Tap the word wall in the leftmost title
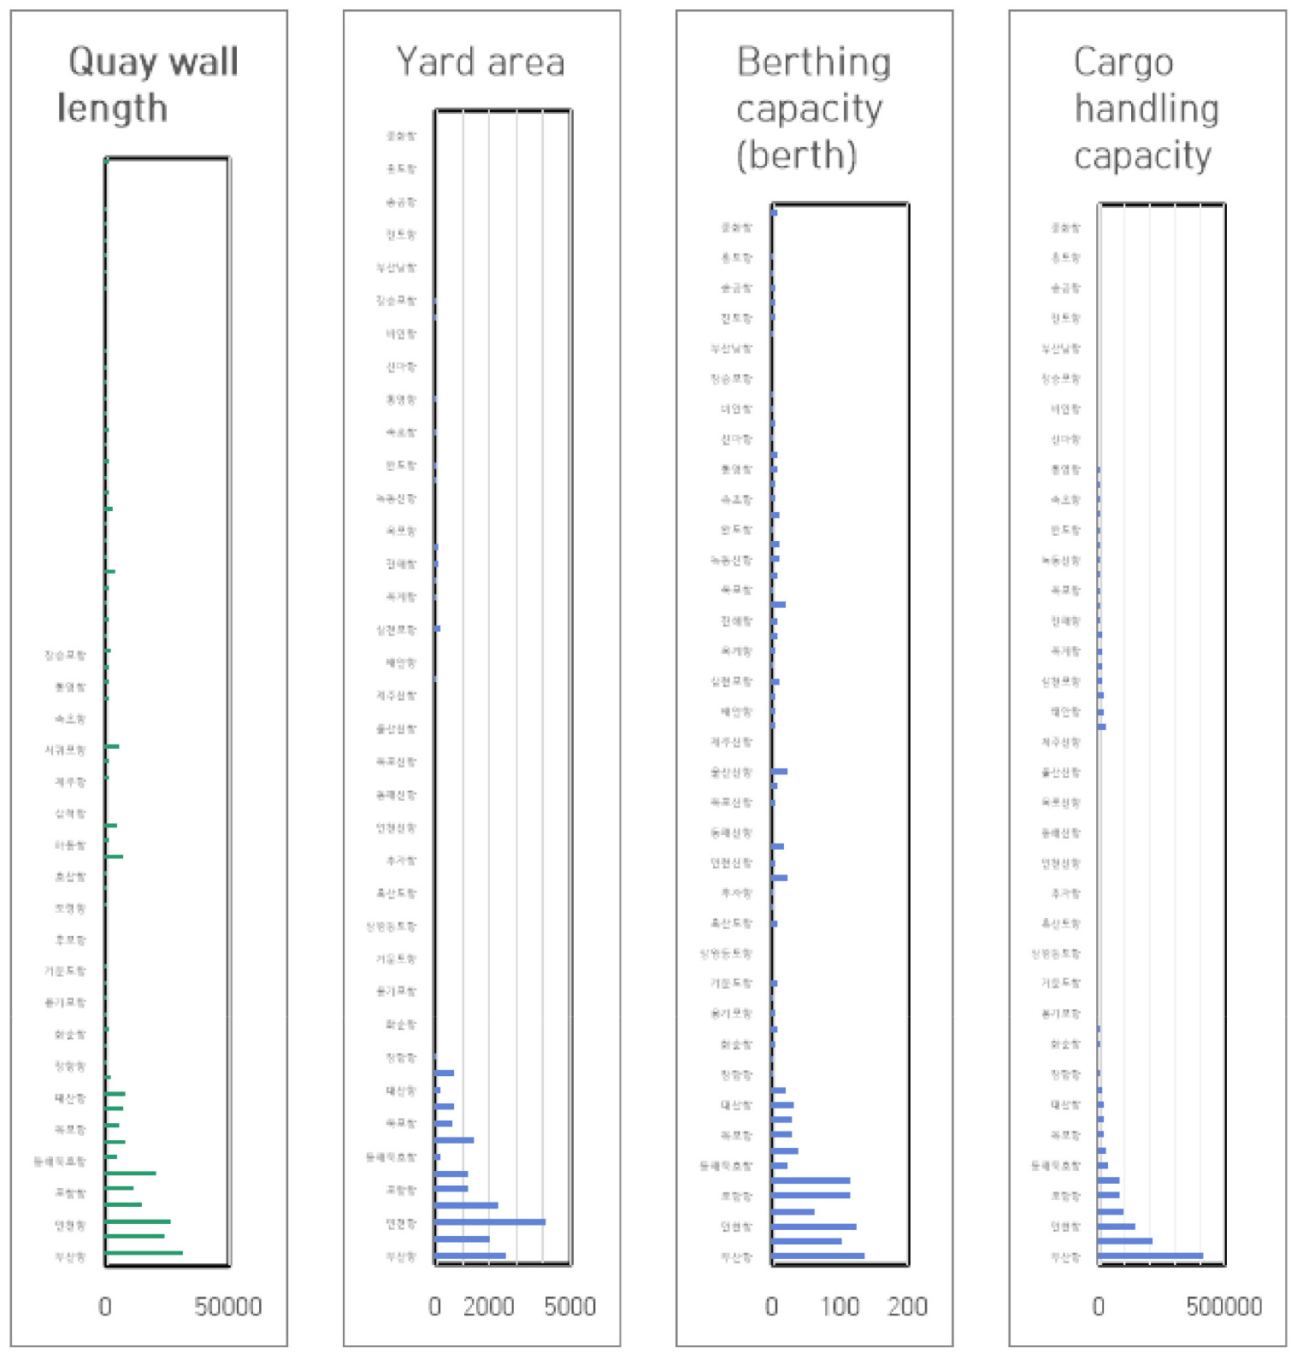[x=203, y=62]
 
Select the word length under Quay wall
[x=112, y=109]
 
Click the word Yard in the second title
[x=434, y=62]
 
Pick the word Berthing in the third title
[x=813, y=62]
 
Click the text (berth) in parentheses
[x=796, y=155]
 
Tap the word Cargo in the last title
[x=1123, y=62]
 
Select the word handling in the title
[x=1146, y=109]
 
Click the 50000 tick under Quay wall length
[x=227, y=1306]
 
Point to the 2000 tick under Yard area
[x=488, y=1306]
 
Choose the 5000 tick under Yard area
[x=569, y=1306]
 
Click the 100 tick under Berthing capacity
[x=840, y=1306]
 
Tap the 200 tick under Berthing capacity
[x=907, y=1306]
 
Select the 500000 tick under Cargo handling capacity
[x=1223, y=1306]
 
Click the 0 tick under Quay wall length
[x=105, y=1306]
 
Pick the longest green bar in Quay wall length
[x=144, y=1253]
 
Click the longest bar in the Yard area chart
[x=489, y=1221]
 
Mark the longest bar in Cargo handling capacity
[x=1150, y=1256]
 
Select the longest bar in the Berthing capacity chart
[x=817, y=1256]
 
